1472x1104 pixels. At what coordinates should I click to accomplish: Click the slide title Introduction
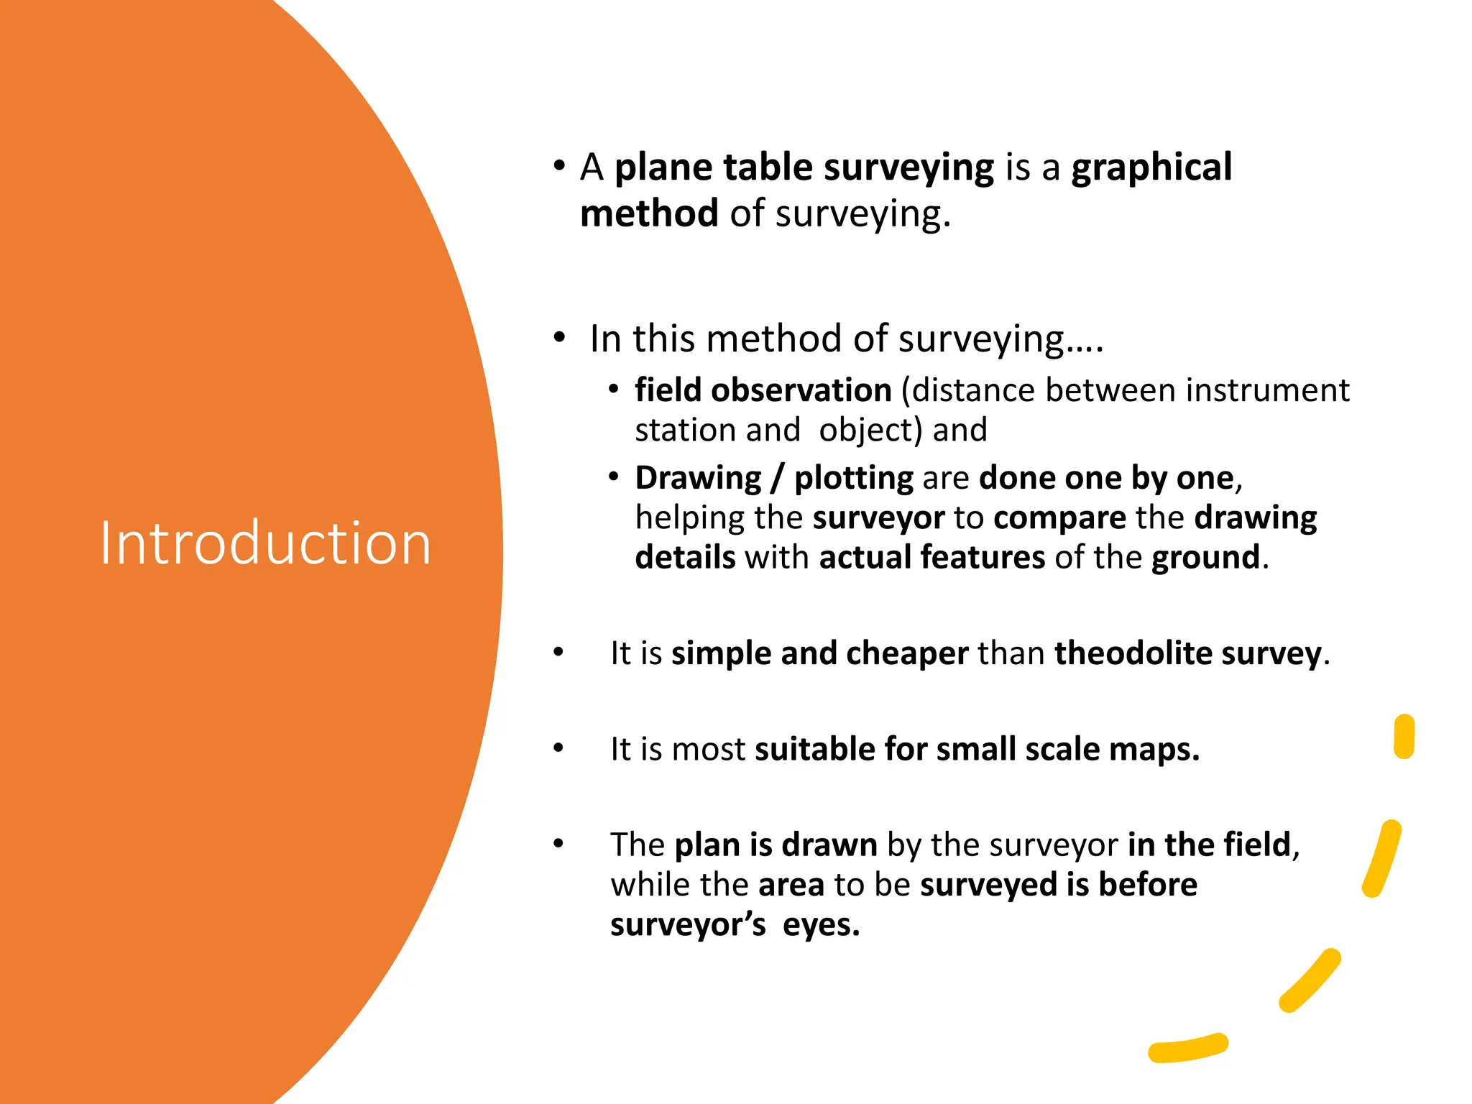click(x=265, y=543)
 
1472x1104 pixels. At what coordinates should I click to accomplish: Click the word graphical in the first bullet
click(x=1151, y=168)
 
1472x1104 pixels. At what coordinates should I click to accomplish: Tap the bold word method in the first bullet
click(x=649, y=214)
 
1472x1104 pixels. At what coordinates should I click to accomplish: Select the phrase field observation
click(x=763, y=390)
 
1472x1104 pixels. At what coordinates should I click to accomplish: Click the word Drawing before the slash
click(x=698, y=478)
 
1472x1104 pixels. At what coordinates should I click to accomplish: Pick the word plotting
click(x=854, y=479)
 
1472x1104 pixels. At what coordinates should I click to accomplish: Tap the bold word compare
click(x=1059, y=518)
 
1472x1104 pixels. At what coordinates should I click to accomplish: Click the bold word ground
click(x=1205, y=558)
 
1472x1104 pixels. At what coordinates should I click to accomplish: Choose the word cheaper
click(x=907, y=653)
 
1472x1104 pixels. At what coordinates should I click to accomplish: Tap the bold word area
click(x=791, y=885)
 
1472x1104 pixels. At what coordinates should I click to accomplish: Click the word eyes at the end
click(x=820, y=925)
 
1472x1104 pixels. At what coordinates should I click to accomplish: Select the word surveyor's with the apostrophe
click(x=688, y=925)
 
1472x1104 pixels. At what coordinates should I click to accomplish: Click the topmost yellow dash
click(x=1404, y=736)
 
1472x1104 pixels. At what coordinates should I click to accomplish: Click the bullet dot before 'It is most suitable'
click(x=558, y=748)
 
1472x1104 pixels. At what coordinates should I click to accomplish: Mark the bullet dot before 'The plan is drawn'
click(x=558, y=843)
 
